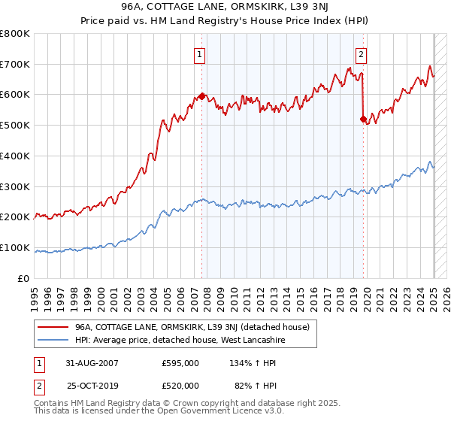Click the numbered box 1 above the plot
coord(200,53)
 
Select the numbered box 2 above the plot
coord(361,53)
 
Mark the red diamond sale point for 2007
coord(202,96)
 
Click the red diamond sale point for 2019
coord(363,119)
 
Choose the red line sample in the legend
coord(53,327)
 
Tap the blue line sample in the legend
coord(53,341)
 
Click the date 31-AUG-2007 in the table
coord(91,363)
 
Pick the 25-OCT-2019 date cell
coord(91,386)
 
